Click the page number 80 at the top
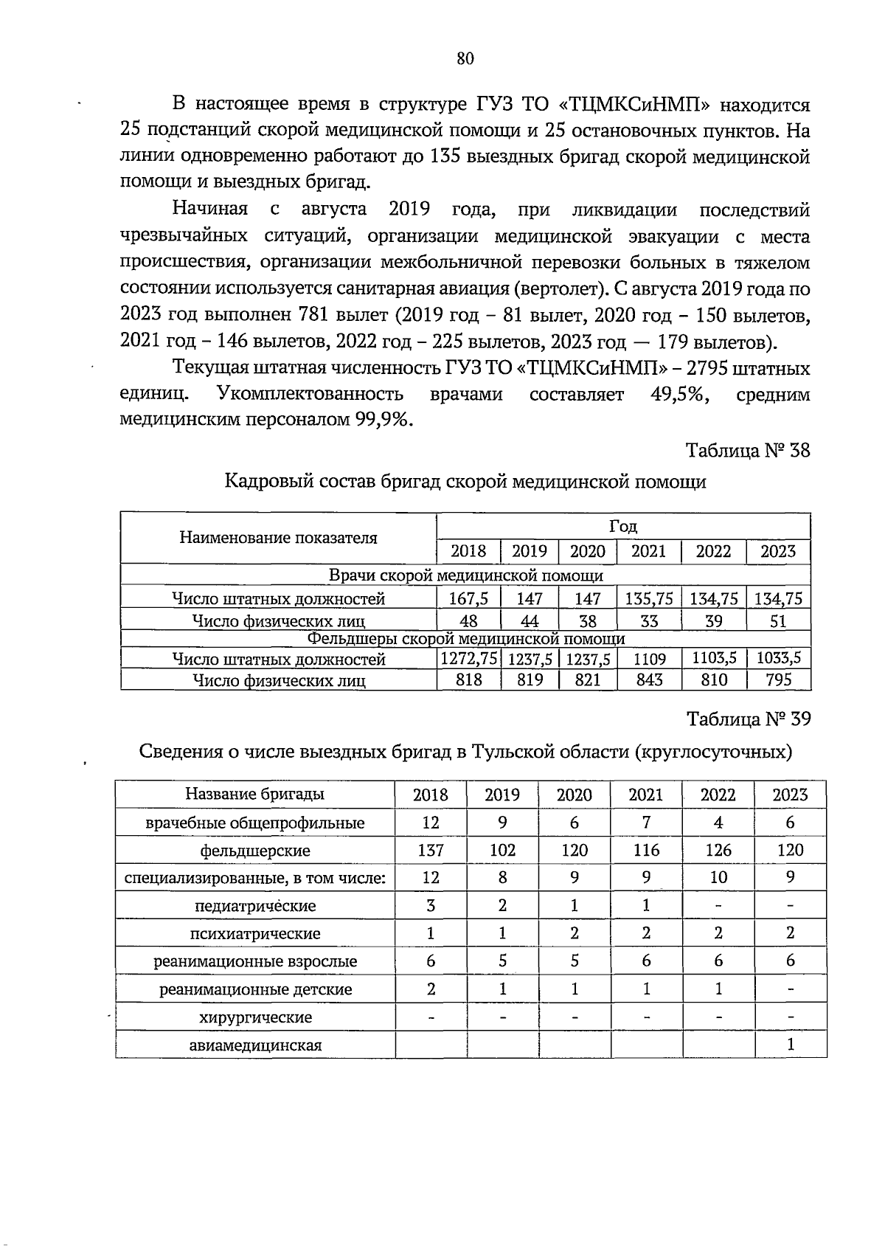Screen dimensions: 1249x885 465,59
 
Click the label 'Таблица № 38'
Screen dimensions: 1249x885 748,449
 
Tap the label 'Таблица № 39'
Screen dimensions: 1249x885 749,719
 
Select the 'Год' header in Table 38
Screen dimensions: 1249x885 623,526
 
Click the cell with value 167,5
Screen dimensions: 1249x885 468,598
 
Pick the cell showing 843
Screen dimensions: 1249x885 649,679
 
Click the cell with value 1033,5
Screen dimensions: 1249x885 779,657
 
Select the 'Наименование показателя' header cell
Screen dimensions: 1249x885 278,538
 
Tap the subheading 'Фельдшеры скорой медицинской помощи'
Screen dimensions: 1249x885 465,638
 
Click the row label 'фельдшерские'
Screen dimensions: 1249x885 255,851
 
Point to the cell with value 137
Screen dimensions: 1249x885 431,851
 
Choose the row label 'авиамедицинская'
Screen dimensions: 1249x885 255,1045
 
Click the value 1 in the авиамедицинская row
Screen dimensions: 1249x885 791,1045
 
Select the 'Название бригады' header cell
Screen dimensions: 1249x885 255,795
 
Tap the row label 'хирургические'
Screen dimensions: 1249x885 255,1017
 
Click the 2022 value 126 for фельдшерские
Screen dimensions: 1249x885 718,851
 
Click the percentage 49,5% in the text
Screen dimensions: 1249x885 680,395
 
